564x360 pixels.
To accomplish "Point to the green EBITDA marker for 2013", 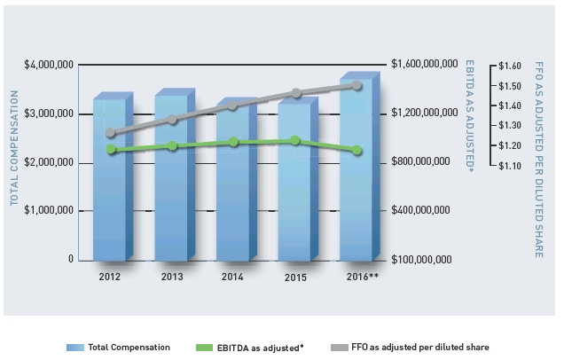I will pos(172,146).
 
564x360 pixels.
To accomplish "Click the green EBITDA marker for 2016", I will pos(357,151).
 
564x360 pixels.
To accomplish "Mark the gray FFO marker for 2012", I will pos(111,133).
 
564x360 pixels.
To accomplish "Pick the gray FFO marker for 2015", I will pos(296,93).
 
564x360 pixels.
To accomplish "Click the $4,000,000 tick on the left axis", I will pos(50,66).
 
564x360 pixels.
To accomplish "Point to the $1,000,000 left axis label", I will pos(50,211).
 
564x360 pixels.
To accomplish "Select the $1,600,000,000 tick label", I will pos(422,66).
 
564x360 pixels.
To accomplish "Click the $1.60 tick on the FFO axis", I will pos(509,66).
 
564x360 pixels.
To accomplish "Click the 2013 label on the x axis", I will pos(172,277).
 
